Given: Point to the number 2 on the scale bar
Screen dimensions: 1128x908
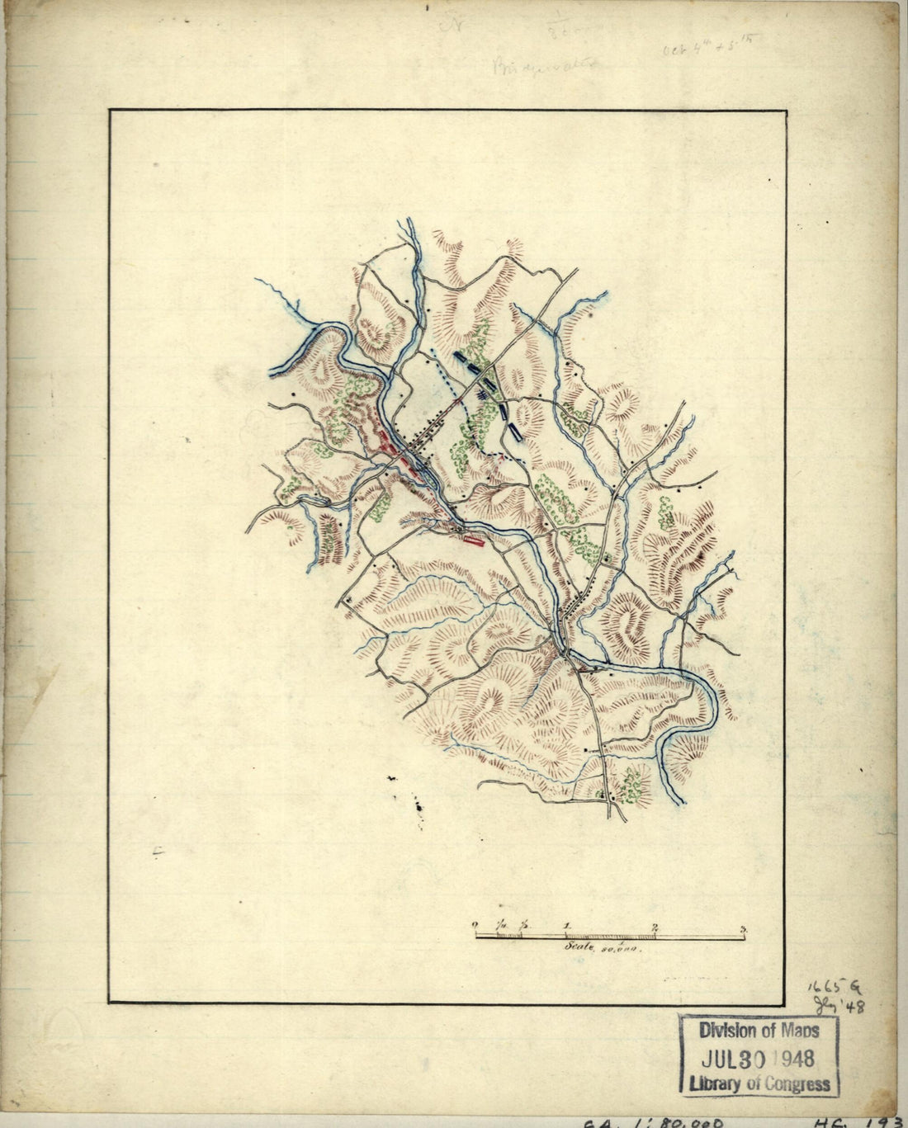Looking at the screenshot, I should (655, 927).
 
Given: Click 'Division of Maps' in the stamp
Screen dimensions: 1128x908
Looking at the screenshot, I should (759, 1031).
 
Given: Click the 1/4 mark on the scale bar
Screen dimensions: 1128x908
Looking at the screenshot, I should (501, 925).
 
